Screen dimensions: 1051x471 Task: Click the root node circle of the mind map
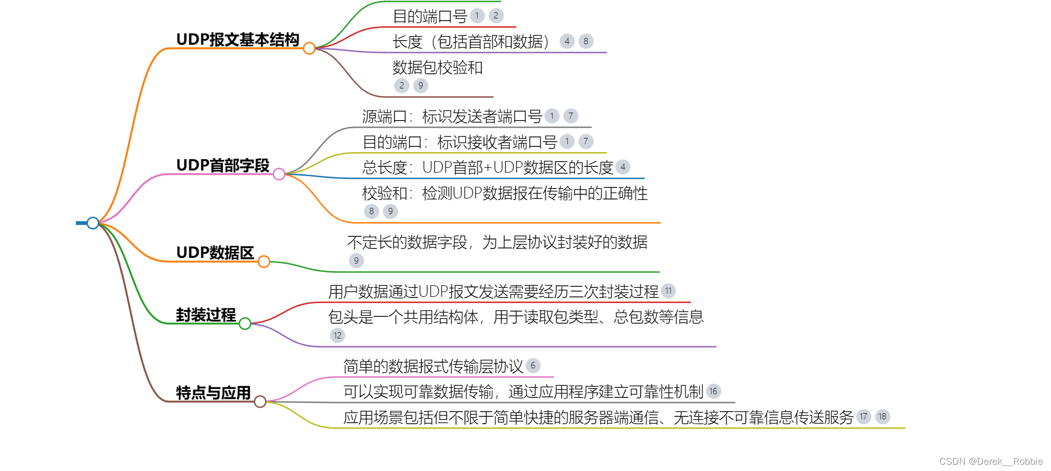(x=93, y=223)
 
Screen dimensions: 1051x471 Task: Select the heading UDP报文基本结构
(x=238, y=39)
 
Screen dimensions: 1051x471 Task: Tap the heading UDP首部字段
(x=222, y=165)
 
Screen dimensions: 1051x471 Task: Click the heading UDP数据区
(x=215, y=253)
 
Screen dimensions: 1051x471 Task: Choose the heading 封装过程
(x=206, y=315)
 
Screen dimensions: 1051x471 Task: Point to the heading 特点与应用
(x=213, y=393)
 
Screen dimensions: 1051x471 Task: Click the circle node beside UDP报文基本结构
(x=309, y=48)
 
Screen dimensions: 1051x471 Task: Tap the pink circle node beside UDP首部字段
(x=279, y=174)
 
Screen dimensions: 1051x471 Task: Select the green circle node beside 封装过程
(x=245, y=324)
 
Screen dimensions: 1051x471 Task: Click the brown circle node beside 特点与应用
(x=260, y=402)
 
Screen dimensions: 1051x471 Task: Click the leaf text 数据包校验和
(x=437, y=67)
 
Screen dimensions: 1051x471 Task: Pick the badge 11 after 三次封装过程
(x=668, y=290)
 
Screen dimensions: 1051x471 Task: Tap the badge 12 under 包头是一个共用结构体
(x=338, y=335)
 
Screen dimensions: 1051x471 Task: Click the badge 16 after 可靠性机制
(x=713, y=391)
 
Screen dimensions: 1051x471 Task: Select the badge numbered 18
(x=882, y=417)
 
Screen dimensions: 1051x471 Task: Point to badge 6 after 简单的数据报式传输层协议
(x=533, y=366)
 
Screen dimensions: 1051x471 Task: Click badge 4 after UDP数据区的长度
(x=623, y=167)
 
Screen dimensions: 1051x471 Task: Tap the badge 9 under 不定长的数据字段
(x=356, y=260)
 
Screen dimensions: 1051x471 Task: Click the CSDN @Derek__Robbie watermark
(x=991, y=462)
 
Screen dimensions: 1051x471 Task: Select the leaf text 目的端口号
(x=430, y=16)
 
